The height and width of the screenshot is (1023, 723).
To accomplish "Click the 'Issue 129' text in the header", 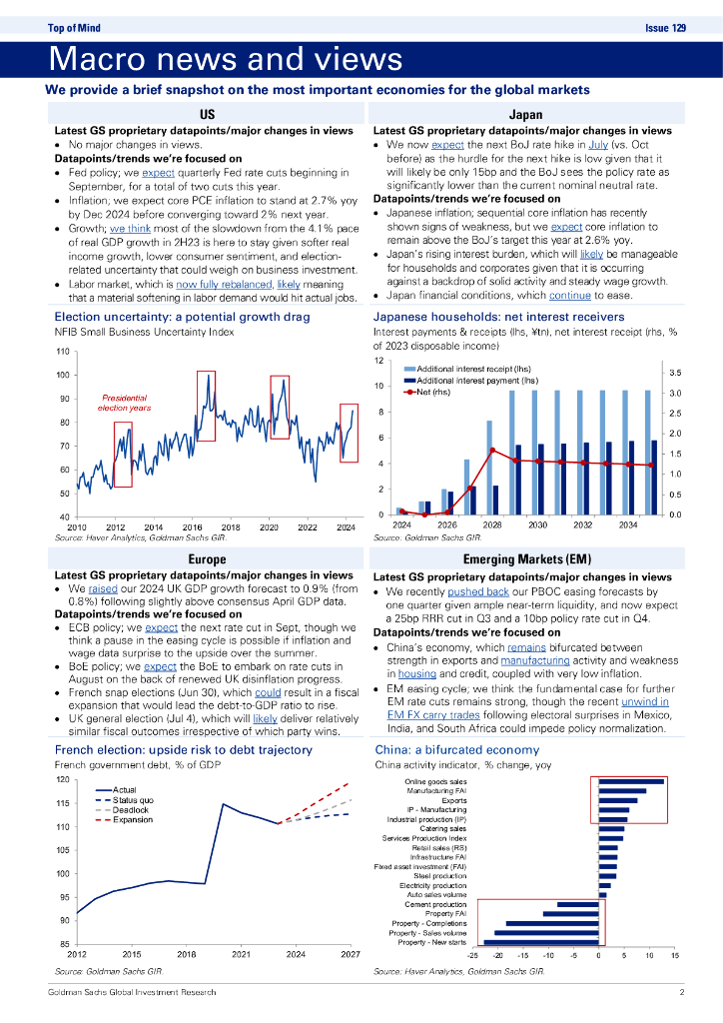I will (x=665, y=28).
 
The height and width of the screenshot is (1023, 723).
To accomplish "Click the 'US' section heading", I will (x=207, y=115).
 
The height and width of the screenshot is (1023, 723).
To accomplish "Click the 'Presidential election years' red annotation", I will (x=126, y=403).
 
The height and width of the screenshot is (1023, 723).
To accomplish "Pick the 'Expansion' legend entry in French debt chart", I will (x=134, y=819).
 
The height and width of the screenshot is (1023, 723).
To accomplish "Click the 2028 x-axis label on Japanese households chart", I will (x=490, y=524).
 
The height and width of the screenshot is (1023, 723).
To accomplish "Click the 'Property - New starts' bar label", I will (x=431, y=942).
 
